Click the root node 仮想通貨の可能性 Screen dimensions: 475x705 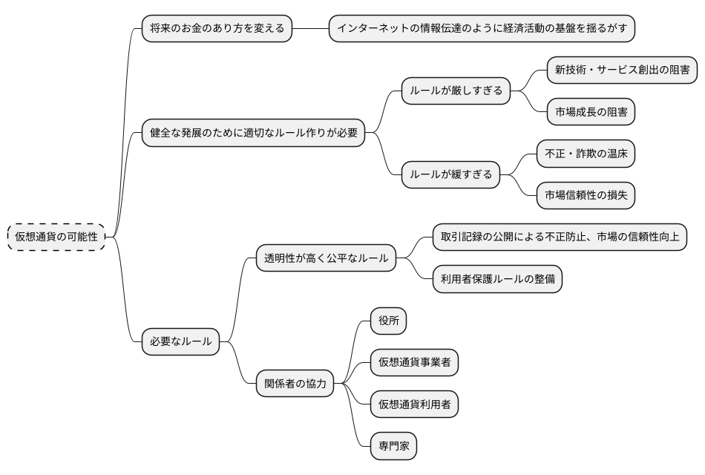point(56,236)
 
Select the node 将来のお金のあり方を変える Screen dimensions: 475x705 point(217,29)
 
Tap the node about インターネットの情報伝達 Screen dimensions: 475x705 point(482,29)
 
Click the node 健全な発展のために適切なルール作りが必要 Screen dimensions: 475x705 point(253,134)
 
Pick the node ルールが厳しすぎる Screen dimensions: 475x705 point(456,91)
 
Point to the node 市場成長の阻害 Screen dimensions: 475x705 point(590,112)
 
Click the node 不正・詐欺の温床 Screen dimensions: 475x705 point(586,154)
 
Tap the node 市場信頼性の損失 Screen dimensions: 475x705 point(586,196)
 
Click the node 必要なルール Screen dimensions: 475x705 point(180,342)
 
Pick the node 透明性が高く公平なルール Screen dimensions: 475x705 point(325,258)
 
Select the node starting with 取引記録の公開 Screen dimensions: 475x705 point(560,237)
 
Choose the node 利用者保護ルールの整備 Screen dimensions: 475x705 point(496,279)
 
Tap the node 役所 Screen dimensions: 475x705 point(389,321)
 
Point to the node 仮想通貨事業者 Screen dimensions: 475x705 point(414,363)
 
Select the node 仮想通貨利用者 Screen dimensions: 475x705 point(414,404)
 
